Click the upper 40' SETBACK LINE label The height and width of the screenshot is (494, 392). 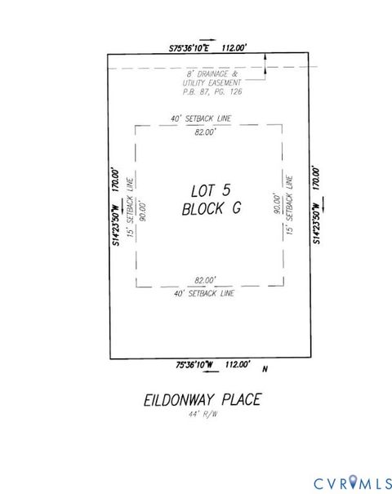(x=201, y=119)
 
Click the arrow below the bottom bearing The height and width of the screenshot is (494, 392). (x=211, y=373)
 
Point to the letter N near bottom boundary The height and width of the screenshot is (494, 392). (x=265, y=370)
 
